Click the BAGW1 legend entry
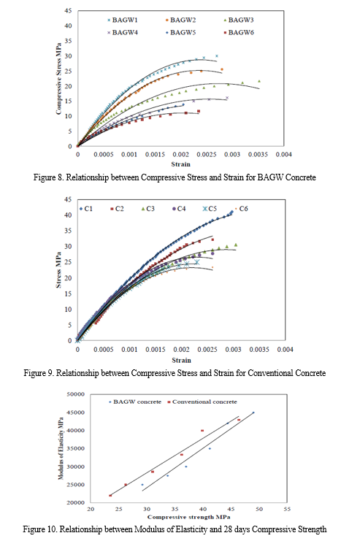click(x=122, y=20)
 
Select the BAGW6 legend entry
click(x=239, y=32)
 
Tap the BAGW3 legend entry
click(x=239, y=20)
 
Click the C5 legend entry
click(x=210, y=209)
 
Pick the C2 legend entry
click(x=117, y=209)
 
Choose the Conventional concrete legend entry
click(x=202, y=402)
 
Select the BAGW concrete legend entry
click(x=135, y=402)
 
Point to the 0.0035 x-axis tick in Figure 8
click(x=258, y=155)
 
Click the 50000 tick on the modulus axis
click(x=76, y=394)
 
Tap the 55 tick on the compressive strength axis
click(x=287, y=510)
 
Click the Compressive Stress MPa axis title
click(x=58, y=79)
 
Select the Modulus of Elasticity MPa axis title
click(x=61, y=448)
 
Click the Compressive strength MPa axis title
click(x=189, y=517)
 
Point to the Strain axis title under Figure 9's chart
click(x=182, y=360)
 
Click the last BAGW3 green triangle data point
click(x=259, y=81)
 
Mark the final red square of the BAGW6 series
click(x=199, y=111)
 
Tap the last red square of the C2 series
click(x=212, y=239)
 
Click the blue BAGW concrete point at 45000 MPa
click(x=253, y=413)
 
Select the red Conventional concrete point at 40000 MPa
click(x=202, y=431)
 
